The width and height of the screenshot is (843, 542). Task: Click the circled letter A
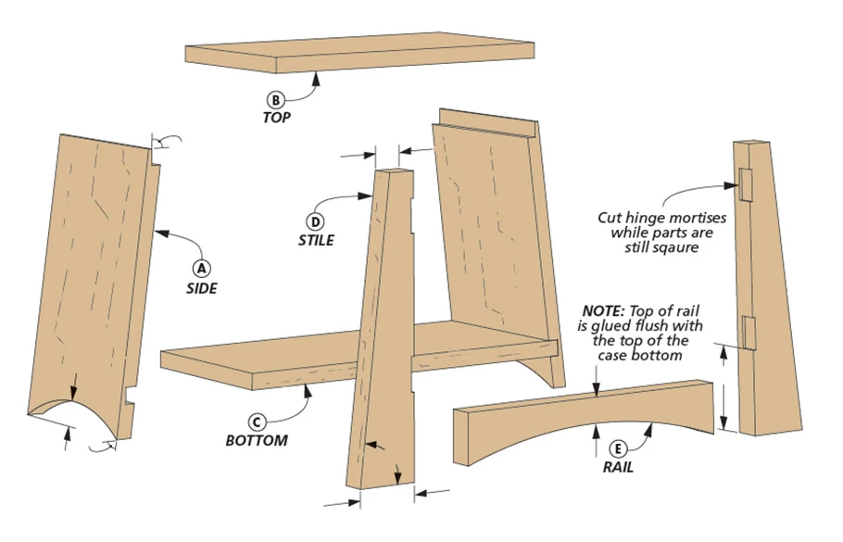tap(201, 268)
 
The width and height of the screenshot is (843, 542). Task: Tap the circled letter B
tap(275, 99)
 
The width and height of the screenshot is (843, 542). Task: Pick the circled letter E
tap(618, 446)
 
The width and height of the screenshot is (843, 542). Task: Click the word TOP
tap(275, 119)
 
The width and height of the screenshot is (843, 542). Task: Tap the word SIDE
tap(201, 288)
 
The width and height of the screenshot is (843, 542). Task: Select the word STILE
tap(315, 240)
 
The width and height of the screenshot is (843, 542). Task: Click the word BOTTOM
tap(257, 439)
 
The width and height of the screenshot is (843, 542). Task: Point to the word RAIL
tap(618, 466)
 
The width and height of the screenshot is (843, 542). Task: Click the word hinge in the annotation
tap(644, 218)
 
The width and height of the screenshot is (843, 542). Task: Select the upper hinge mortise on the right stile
tap(744, 184)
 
